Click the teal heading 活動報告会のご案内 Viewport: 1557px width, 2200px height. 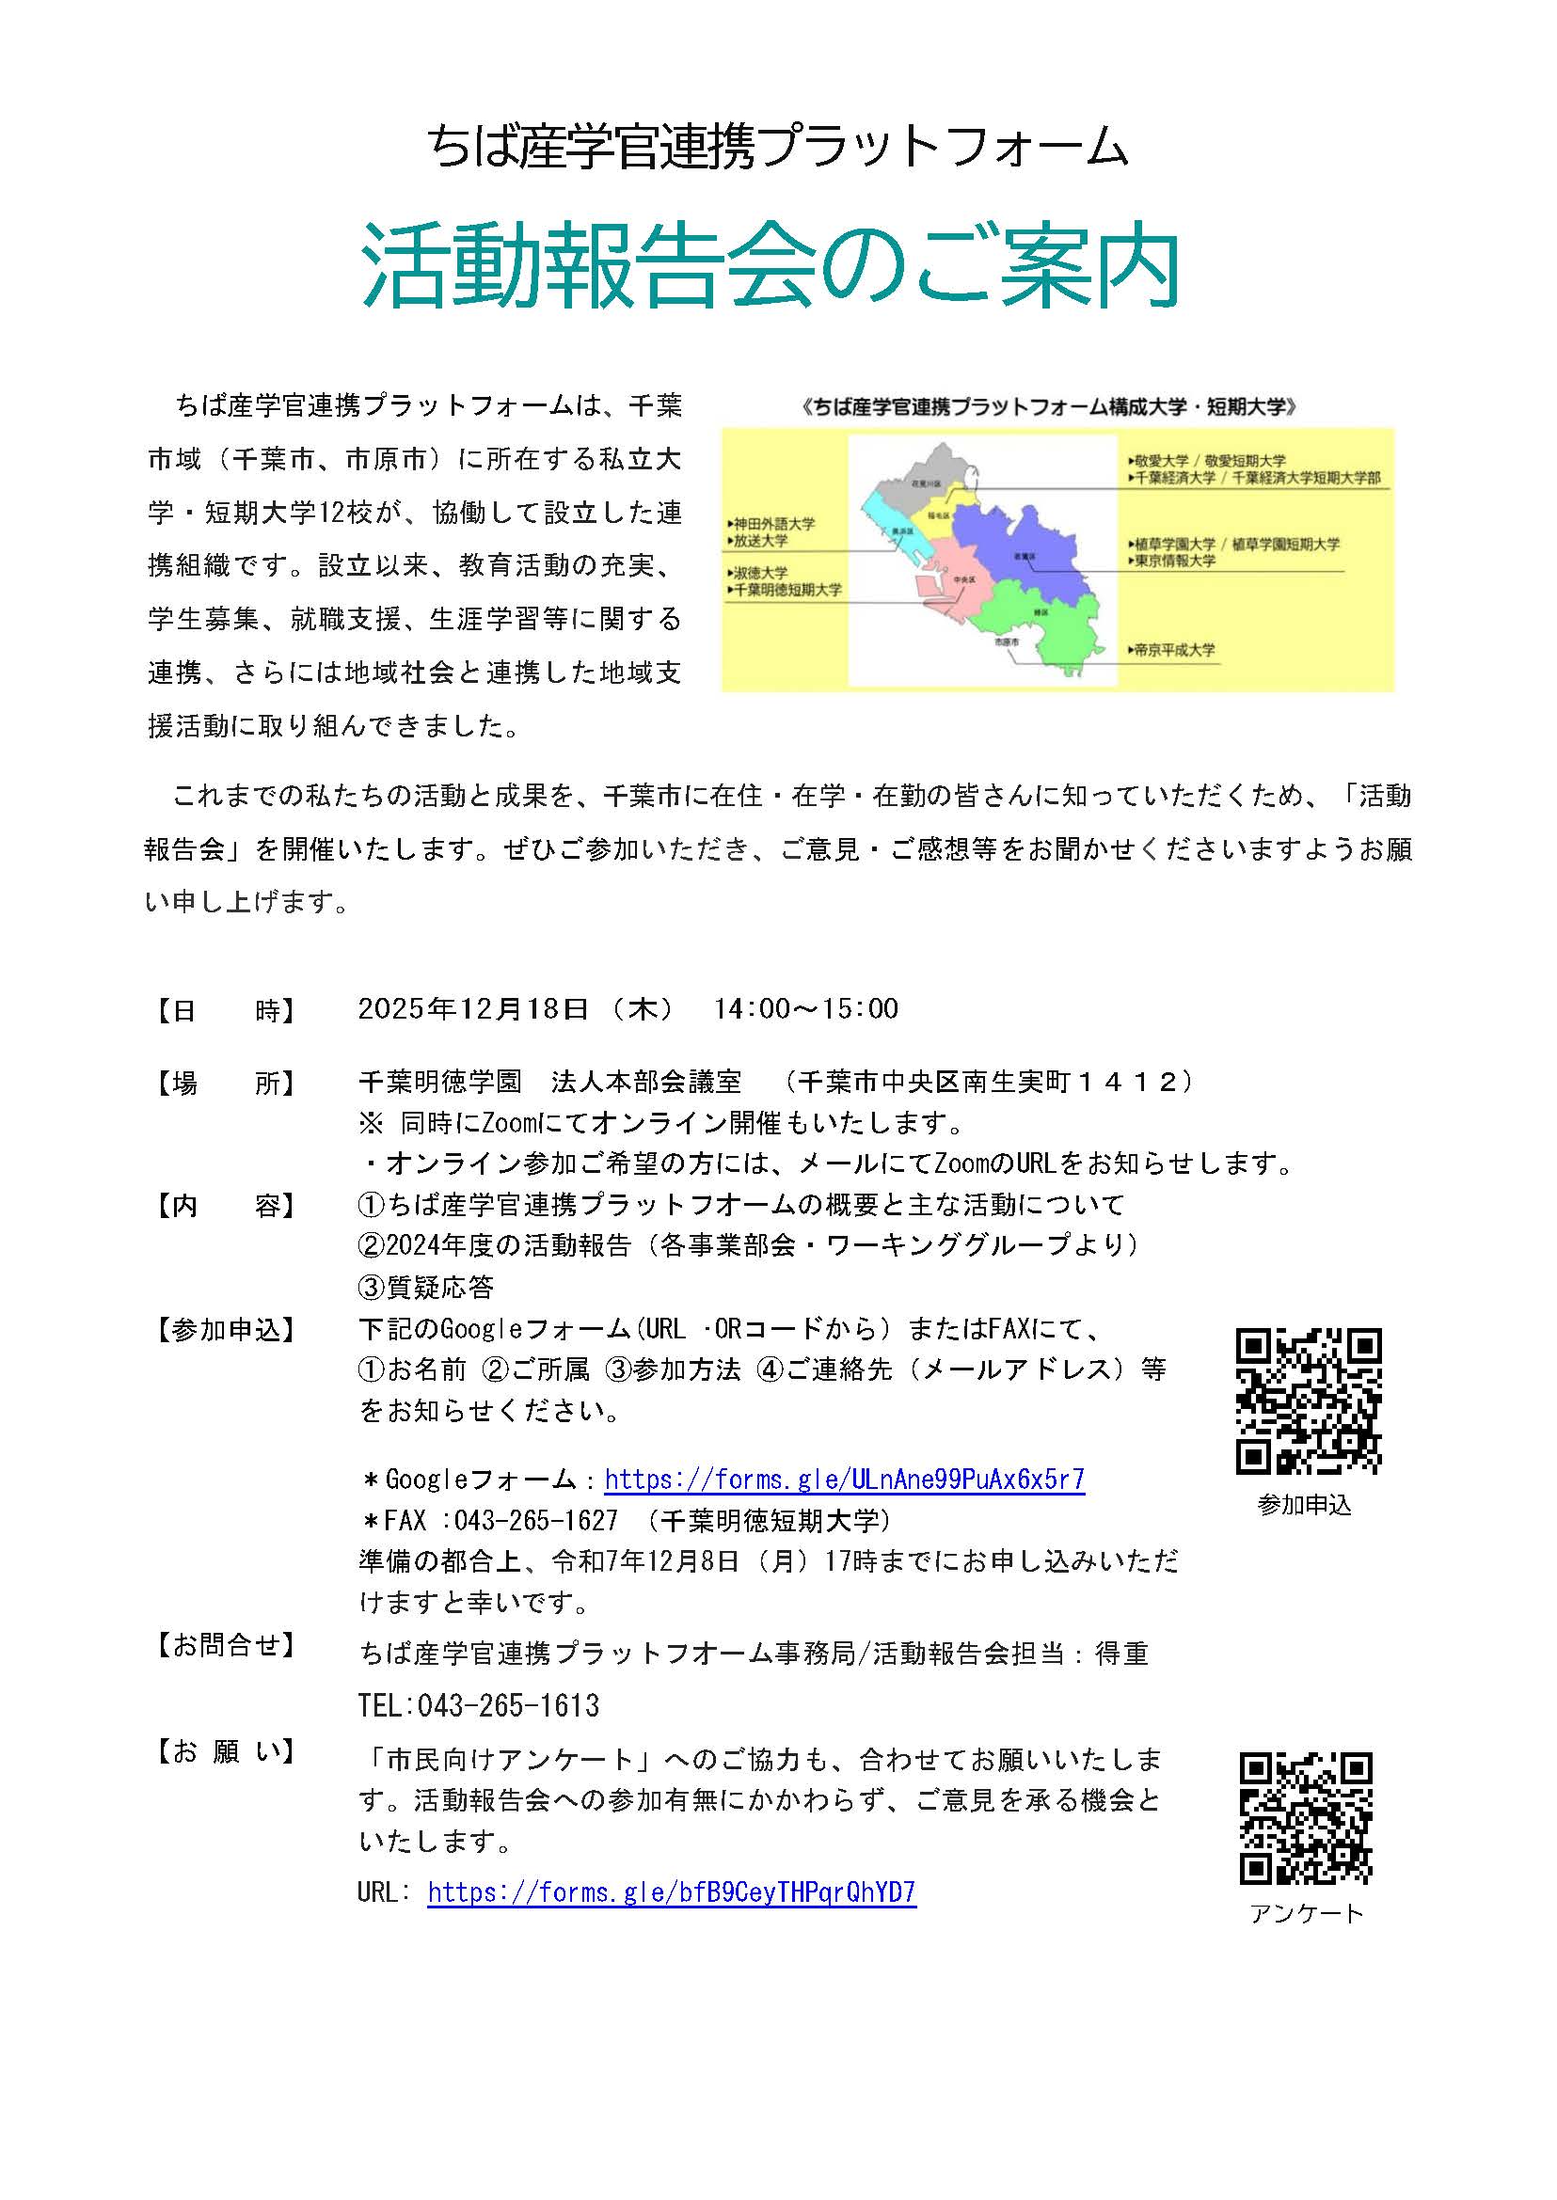(x=770, y=265)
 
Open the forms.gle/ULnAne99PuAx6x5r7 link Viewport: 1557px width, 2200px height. (x=844, y=1480)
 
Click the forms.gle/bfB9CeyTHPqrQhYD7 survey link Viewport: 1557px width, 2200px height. (x=671, y=1892)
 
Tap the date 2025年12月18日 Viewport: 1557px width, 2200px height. (x=472, y=1008)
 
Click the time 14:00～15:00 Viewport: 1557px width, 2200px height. (x=805, y=1008)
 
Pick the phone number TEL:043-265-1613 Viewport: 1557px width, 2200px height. (x=479, y=1705)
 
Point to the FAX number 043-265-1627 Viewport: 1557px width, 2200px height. (x=536, y=1521)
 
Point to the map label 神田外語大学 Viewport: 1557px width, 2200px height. (x=773, y=524)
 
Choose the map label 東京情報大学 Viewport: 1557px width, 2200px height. (x=1174, y=561)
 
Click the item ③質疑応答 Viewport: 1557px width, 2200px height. (x=425, y=1287)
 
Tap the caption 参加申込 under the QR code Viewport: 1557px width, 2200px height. (x=1304, y=1506)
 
